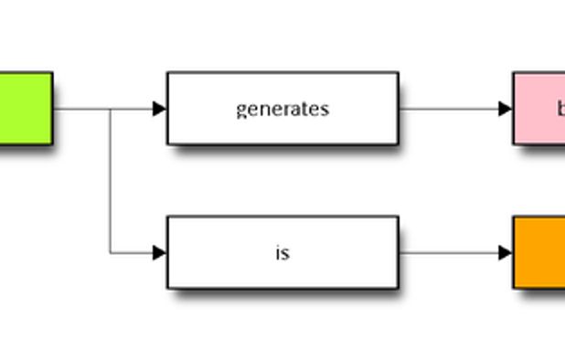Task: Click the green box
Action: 25,108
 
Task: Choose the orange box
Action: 539,252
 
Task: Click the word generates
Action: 282,109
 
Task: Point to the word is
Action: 282,252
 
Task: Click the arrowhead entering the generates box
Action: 160,109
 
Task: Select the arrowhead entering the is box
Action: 160,252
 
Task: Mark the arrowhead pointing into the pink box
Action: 506,109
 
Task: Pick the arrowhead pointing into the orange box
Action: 506,252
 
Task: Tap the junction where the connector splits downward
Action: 111,109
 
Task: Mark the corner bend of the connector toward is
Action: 111,252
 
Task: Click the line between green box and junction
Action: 81,109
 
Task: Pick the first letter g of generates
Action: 240,110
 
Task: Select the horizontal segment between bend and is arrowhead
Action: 132,252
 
